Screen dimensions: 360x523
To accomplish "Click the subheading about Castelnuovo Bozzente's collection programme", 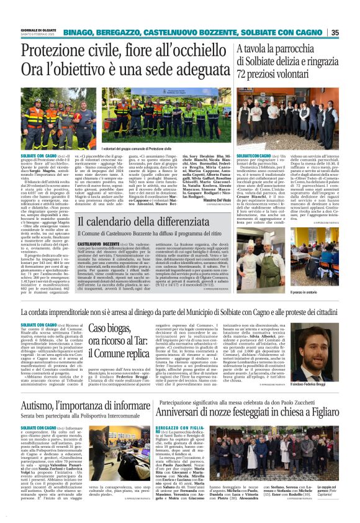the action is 146,235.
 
